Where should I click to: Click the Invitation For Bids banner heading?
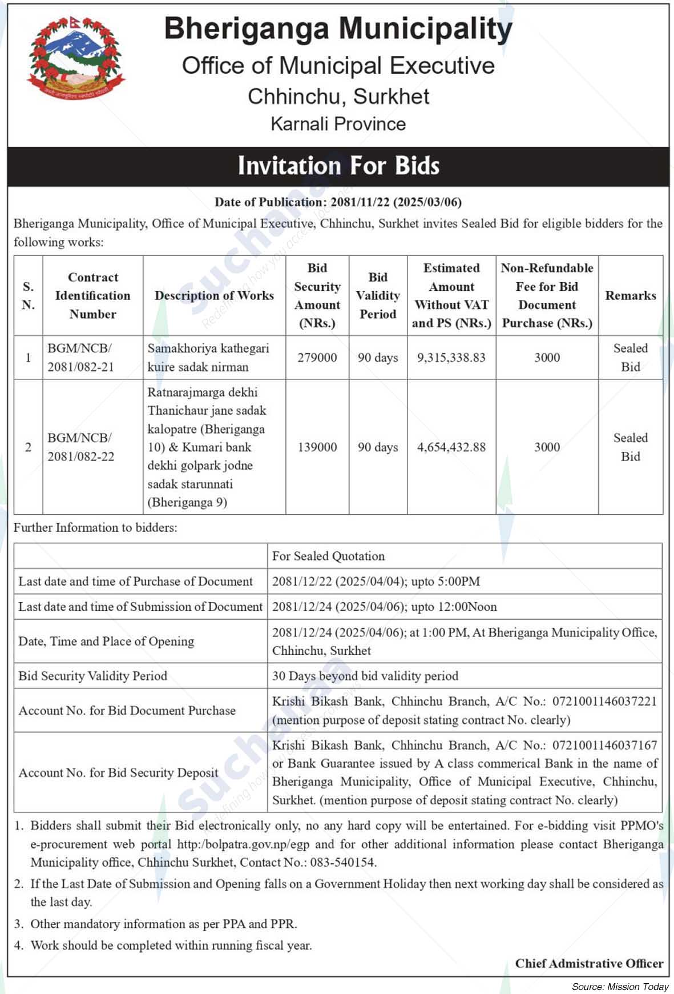coord(338,166)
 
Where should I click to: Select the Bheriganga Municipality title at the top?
coord(338,29)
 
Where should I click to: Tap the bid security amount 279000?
coord(317,358)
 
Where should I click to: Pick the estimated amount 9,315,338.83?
coord(451,358)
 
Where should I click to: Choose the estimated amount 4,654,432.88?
coord(451,447)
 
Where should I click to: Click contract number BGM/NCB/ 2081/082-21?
coord(80,358)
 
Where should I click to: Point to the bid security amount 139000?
coord(317,447)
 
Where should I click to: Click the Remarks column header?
coord(631,295)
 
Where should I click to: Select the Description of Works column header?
coord(214,295)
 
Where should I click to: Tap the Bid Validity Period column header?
coord(378,295)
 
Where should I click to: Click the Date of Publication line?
coord(338,202)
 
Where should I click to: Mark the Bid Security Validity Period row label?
coord(93,676)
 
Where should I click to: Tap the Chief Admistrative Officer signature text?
coord(589,964)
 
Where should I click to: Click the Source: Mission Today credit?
coord(620,987)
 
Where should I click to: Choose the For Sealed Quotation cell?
coord(328,556)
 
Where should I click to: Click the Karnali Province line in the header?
coord(338,124)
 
